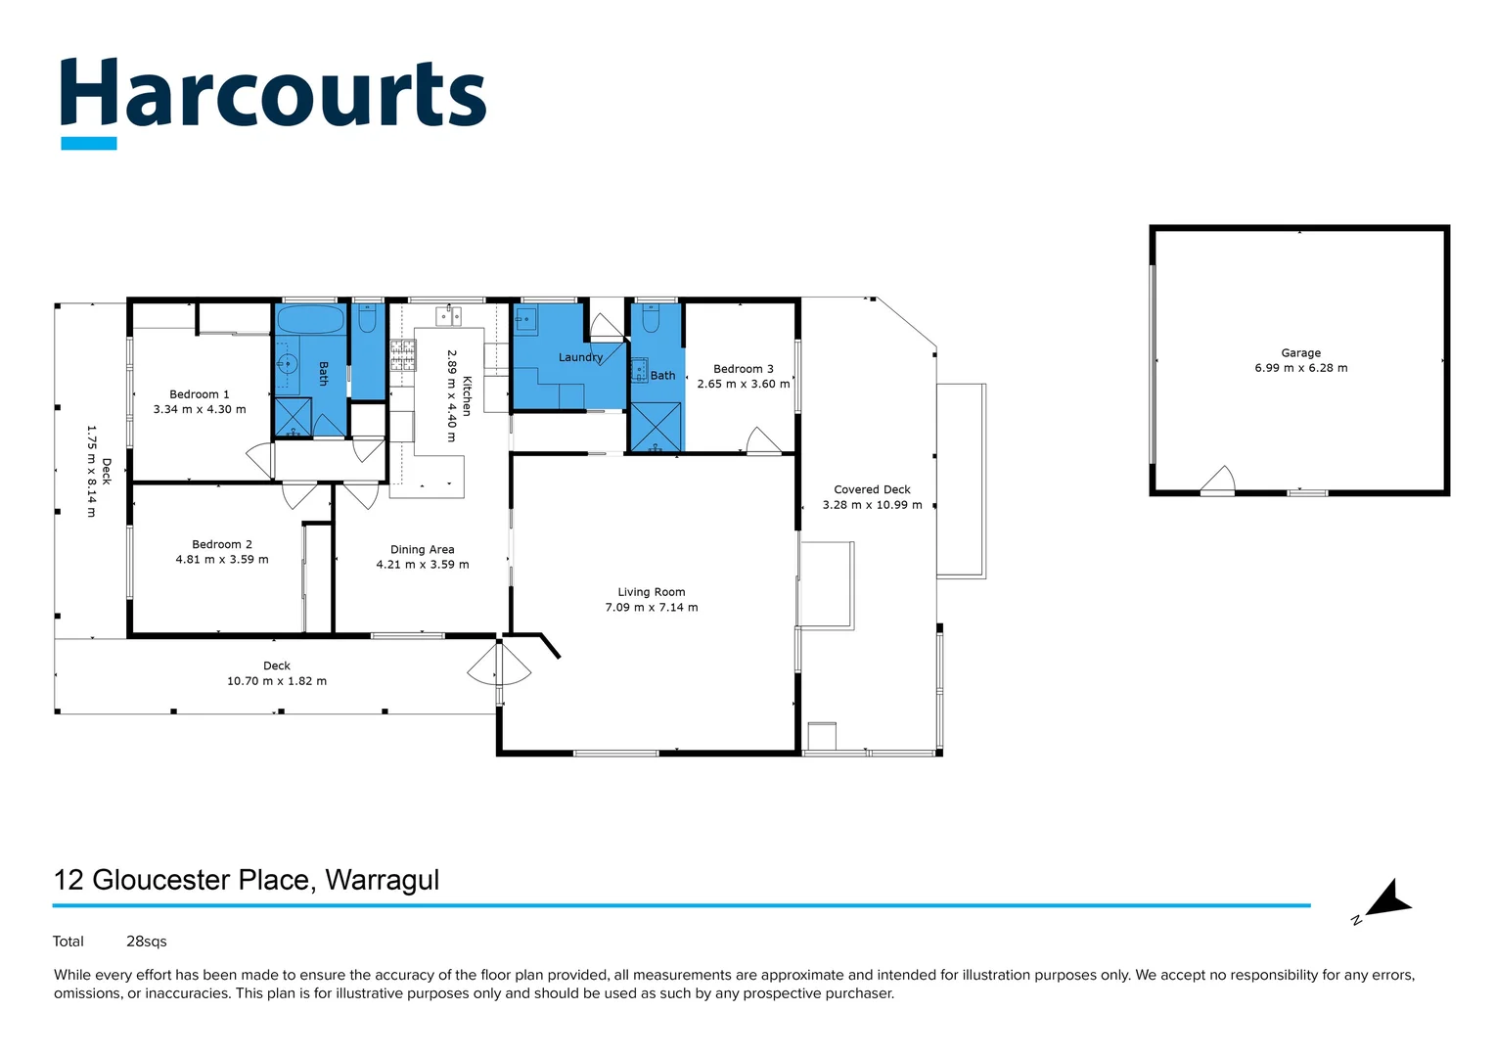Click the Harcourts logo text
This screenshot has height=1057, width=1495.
click(x=273, y=94)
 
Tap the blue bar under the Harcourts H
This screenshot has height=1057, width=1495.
click(x=88, y=143)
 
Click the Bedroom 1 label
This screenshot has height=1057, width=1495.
click(x=199, y=394)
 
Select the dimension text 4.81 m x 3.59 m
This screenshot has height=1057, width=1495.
click(x=222, y=560)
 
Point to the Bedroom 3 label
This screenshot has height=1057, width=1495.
click(x=743, y=369)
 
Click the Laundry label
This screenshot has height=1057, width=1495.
click(x=580, y=357)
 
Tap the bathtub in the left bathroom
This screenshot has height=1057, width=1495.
click(x=310, y=319)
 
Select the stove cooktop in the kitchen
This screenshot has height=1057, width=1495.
click(x=403, y=354)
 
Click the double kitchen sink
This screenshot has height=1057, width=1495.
click(x=449, y=315)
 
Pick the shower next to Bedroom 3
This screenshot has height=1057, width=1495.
click(x=655, y=427)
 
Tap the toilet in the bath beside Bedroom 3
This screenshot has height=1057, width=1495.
click(x=651, y=318)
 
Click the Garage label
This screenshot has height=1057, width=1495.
click(x=1300, y=353)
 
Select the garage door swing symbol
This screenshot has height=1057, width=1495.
click(x=1218, y=480)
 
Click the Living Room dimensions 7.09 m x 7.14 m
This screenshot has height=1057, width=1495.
click(x=652, y=608)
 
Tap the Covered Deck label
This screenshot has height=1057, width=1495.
click(x=872, y=489)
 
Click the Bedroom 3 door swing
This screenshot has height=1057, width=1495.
click(x=762, y=441)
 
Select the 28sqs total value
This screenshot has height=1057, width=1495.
click(x=147, y=942)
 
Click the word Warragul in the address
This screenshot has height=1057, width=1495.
click(x=382, y=880)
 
